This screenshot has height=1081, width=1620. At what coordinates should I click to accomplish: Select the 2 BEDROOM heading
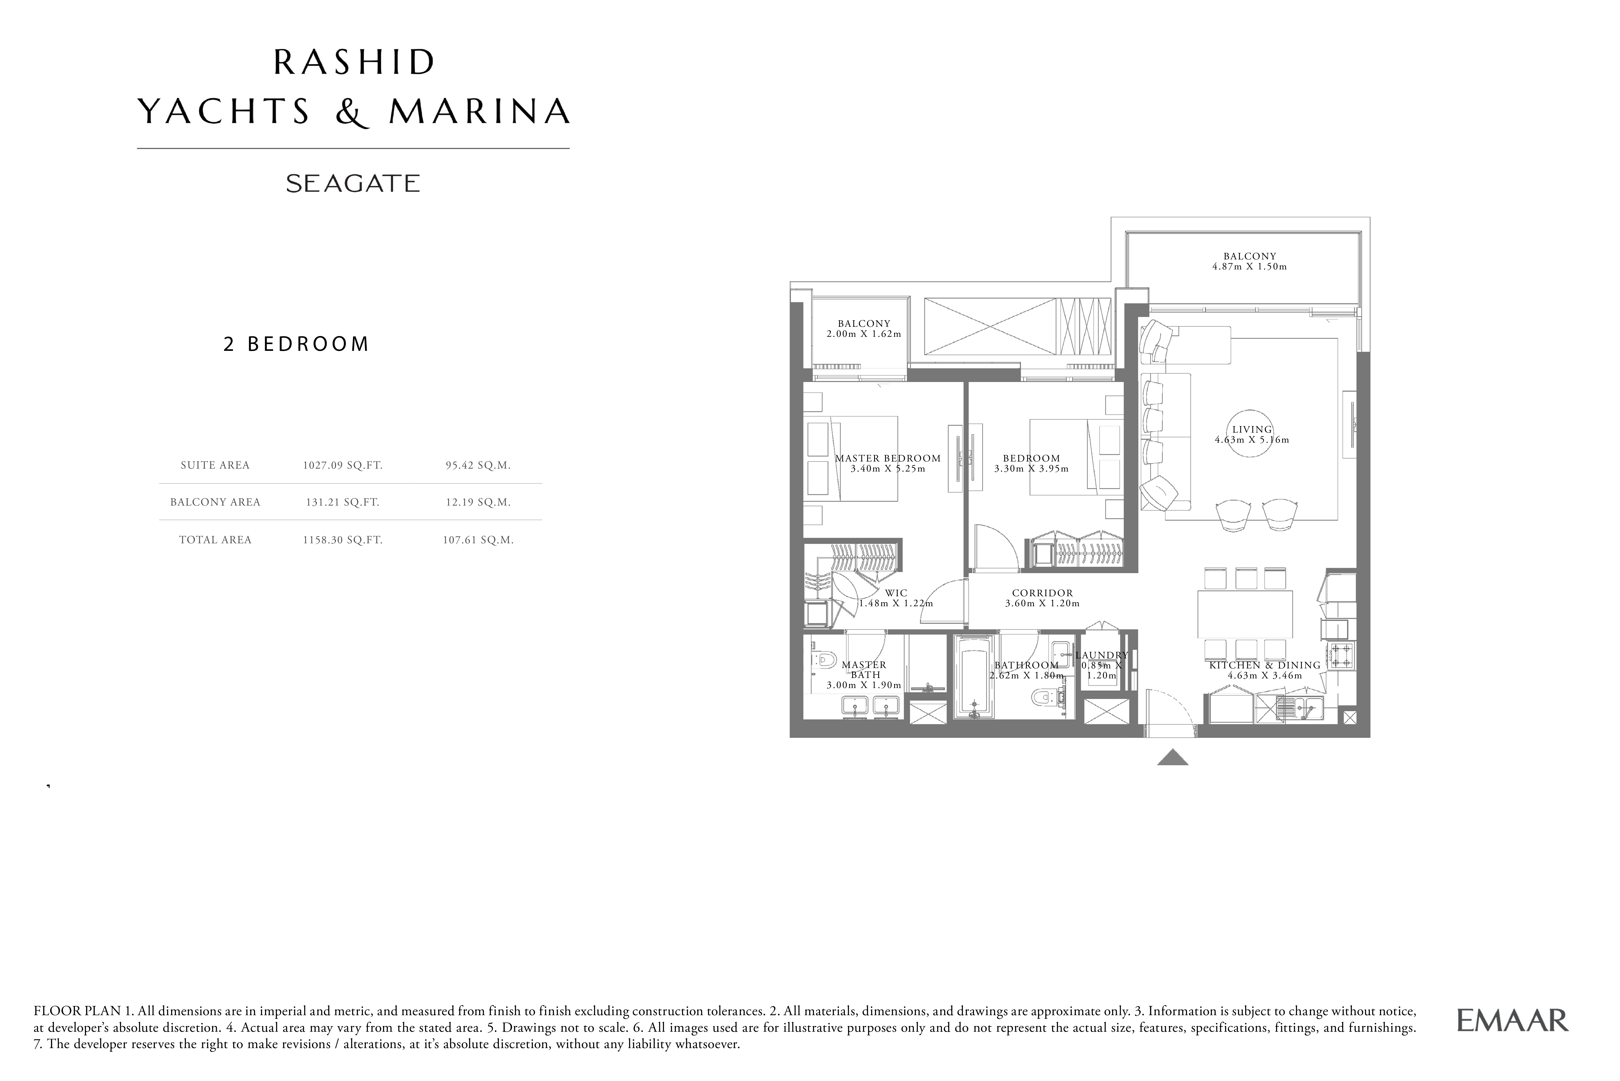(x=296, y=344)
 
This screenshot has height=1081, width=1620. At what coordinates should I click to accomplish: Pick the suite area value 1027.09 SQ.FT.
(x=342, y=465)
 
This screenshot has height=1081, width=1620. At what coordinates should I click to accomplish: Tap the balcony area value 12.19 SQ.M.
(x=478, y=502)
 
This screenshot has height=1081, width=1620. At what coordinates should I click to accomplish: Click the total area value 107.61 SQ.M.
(x=478, y=540)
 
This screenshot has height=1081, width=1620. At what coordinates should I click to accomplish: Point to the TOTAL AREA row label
(x=215, y=540)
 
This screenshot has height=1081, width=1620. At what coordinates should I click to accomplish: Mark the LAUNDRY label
(x=1102, y=655)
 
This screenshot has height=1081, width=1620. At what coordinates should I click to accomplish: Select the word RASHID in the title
(x=354, y=63)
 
